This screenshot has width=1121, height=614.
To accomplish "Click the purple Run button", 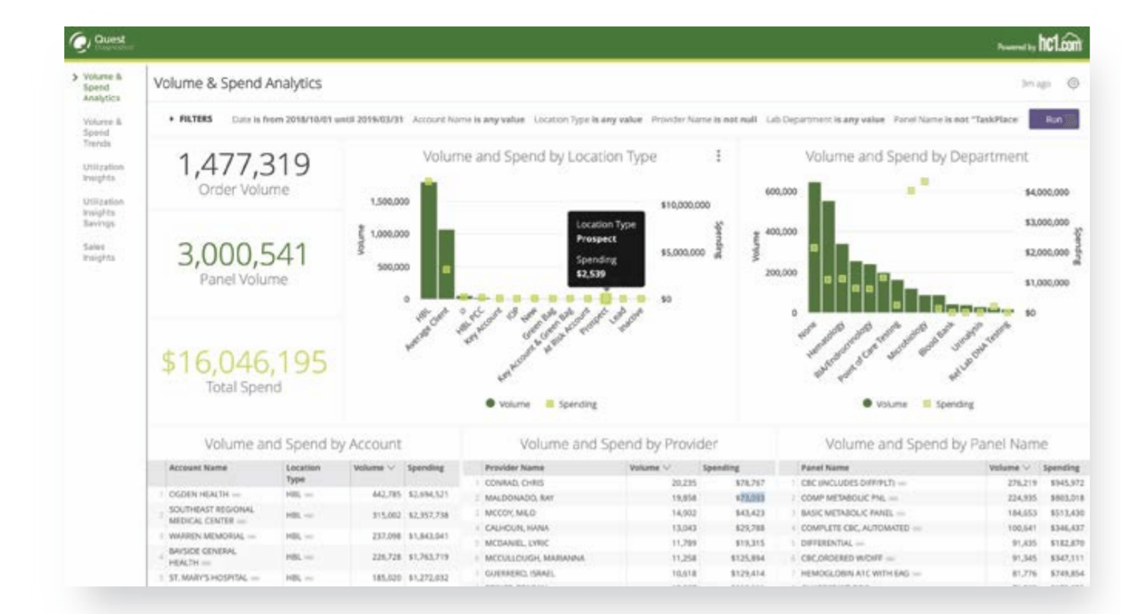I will [1053, 119].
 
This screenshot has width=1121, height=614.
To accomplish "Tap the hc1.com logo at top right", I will [1059, 44].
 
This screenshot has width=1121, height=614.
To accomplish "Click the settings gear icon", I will [1072, 84].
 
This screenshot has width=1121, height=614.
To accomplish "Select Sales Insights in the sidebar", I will [98, 252].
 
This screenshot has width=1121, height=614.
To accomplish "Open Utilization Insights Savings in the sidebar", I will [102, 212].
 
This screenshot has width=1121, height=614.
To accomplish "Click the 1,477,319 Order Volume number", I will [243, 165].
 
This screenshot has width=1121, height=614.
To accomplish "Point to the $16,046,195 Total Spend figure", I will [243, 362].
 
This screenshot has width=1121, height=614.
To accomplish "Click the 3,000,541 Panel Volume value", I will [243, 255].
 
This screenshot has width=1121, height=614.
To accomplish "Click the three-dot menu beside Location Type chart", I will [718, 156].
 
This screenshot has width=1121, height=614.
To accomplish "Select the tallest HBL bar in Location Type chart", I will [428, 239].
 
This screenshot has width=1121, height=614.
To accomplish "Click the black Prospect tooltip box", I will [605, 248].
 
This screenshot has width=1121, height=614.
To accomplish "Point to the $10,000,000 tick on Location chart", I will [685, 205].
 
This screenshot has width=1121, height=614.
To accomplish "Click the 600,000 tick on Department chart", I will [780, 191].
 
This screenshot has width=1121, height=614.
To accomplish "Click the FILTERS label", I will [193, 119].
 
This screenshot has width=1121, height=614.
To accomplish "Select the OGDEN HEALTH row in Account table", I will [199, 494].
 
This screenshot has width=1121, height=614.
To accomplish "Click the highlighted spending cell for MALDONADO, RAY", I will [750, 498].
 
